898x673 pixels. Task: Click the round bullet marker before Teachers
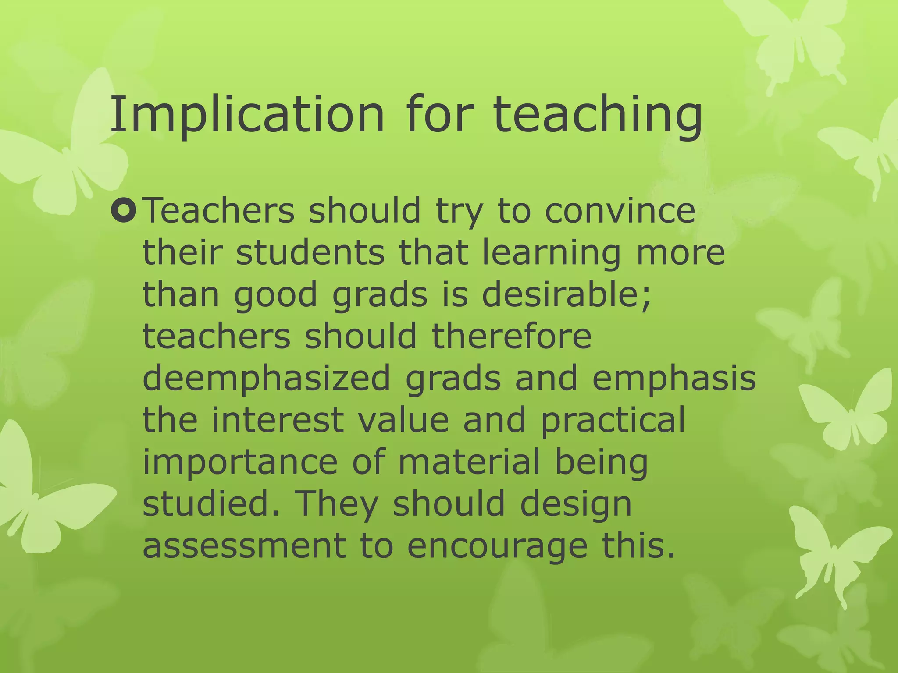click(x=124, y=210)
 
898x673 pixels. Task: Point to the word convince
click(x=620, y=211)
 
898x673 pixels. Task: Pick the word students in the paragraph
click(x=310, y=253)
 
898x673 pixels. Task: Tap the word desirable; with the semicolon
click(x=566, y=294)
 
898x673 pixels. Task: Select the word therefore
click(x=512, y=336)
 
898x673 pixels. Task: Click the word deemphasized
click(x=266, y=379)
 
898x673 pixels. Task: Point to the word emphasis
click(x=674, y=379)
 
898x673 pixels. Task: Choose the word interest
click(x=278, y=420)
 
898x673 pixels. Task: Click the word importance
click(x=240, y=462)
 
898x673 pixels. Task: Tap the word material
click(x=469, y=461)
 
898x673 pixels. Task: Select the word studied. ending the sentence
click(x=211, y=503)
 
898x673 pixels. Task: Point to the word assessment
click(x=244, y=546)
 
